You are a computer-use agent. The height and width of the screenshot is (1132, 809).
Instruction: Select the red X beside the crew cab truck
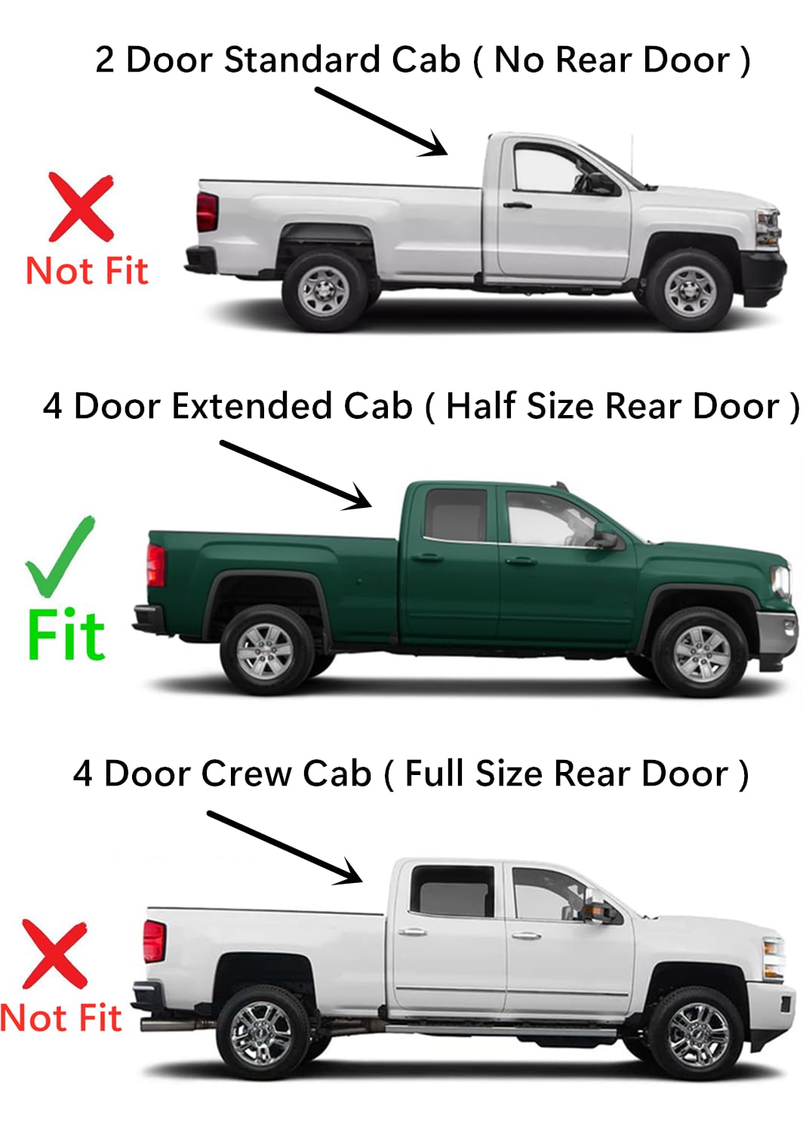(x=55, y=954)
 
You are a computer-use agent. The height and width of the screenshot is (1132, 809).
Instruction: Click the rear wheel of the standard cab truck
(x=324, y=291)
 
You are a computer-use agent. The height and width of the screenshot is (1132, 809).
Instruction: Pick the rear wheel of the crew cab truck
(x=261, y=1032)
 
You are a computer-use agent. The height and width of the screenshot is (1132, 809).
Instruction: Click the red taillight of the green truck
(x=156, y=564)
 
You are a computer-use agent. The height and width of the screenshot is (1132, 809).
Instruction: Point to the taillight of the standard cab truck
(x=207, y=211)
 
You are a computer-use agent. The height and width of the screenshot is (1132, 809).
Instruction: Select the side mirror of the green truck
(x=606, y=539)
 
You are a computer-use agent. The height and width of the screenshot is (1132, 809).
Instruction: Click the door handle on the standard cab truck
(x=517, y=205)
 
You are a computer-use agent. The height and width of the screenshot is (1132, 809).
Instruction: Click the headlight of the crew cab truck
(x=774, y=958)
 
